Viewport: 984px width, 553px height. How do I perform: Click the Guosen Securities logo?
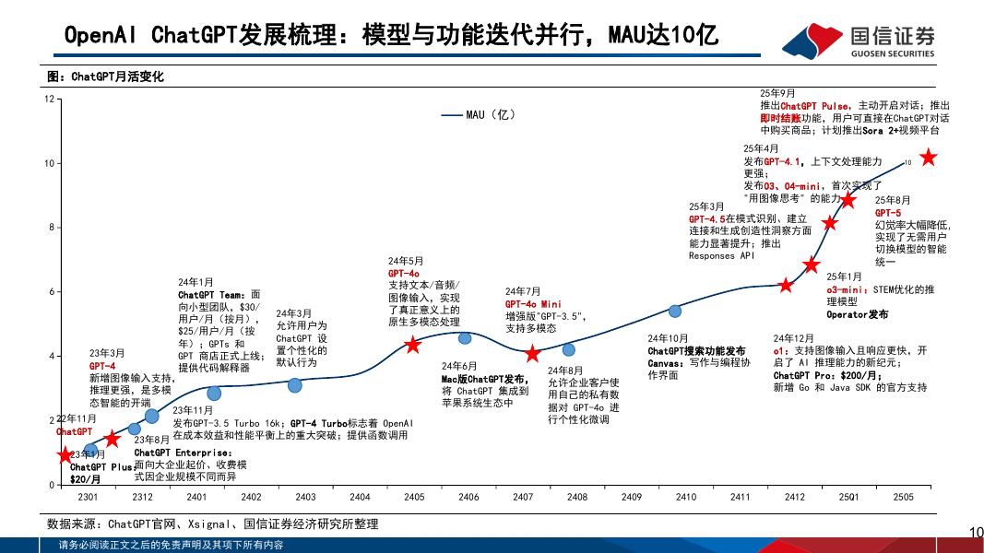[859, 40]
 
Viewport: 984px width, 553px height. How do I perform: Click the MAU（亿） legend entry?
[480, 115]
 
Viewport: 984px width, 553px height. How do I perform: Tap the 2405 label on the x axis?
[414, 497]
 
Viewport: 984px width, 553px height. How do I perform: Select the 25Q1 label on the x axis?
[848, 497]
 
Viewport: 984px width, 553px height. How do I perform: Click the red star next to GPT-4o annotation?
[413, 345]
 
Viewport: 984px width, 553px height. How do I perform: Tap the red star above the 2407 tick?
[532, 354]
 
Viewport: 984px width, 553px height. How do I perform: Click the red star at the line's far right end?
[929, 159]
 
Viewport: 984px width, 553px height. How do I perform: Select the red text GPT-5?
[888, 213]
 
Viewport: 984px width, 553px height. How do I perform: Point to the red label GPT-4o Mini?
[533, 304]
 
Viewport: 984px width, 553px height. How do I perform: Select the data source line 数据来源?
[212, 524]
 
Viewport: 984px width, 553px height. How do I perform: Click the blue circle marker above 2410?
[675, 311]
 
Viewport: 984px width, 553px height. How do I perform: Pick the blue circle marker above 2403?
[294, 385]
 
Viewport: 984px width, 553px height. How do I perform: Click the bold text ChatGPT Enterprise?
[184, 453]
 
